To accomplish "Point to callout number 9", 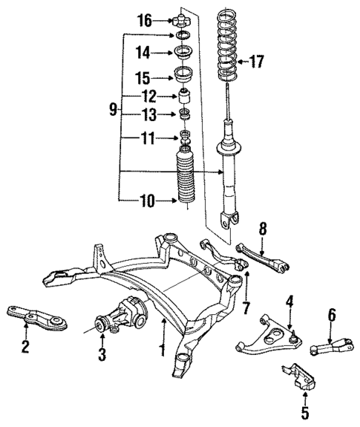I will point(112,108).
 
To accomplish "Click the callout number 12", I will point(149,96).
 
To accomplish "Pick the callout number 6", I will point(331,315).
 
